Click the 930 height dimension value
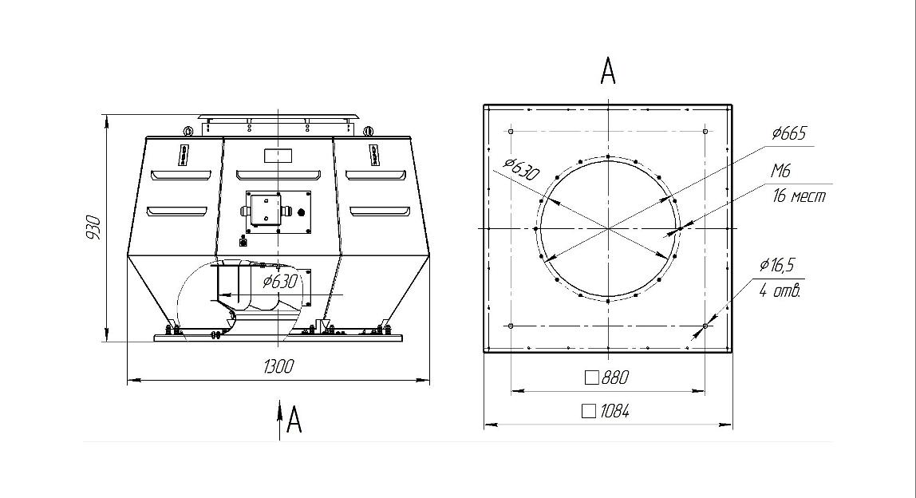click(93, 228)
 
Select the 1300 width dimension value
click(278, 366)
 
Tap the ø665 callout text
click(788, 134)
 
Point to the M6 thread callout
click(780, 172)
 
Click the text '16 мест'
click(800, 196)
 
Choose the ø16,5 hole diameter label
click(777, 265)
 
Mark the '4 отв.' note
click(780, 290)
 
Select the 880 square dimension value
click(614, 377)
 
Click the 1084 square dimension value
click(614, 412)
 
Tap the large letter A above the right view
click(608, 71)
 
